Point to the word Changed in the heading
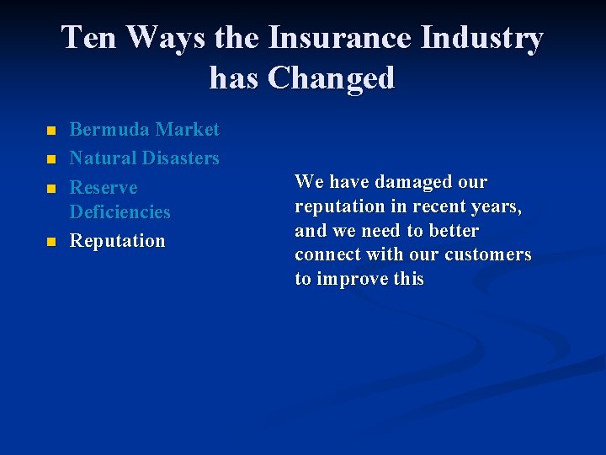[331, 78]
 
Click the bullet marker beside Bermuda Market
[50, 131]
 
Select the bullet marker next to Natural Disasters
[50, 159]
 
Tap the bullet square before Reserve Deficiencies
[50, 188]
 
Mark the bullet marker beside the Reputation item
[50, 242]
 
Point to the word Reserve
[103, 187]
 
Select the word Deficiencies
[120, 212]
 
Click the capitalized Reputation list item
[117, 241]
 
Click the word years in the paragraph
[497, 206]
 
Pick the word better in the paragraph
[454, 231]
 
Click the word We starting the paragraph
[309, 182]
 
